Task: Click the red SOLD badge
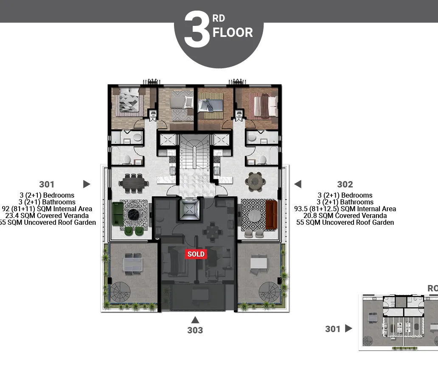point(196,254)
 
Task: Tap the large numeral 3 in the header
point(197,30)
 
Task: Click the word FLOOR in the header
point(233,33)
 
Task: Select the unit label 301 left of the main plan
point(47,184)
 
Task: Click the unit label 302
point(345,184)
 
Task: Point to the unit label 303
point(195,330)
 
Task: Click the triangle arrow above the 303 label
point(195,320)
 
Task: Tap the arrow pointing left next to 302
point(298,184)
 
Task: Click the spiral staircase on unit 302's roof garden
point(268,292)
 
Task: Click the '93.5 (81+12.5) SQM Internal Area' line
point(345,209)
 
